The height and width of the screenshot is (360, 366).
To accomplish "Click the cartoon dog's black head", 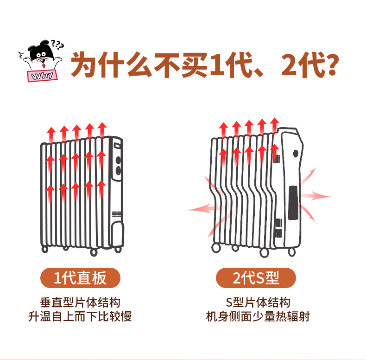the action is (40, 51).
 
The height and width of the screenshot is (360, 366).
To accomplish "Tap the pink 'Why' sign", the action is (43, 76).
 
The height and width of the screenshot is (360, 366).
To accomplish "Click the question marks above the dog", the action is (57, 45).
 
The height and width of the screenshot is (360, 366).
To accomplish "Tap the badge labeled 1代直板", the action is (80, 278).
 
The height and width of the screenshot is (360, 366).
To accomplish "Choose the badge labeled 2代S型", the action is (256, 278).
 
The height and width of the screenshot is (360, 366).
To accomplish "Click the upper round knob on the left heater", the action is (118, 160).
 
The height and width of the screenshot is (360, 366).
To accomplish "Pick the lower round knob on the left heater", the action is (118, 171).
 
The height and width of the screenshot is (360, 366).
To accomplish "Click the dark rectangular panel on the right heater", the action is (293, 203).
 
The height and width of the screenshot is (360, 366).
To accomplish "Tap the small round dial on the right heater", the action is (296, 154).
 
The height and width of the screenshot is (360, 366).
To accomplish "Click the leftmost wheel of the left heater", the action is (45, 249).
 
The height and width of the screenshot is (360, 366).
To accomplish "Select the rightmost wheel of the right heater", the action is (291, 252).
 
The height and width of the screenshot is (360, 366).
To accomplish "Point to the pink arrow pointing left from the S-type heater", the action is (201, 208).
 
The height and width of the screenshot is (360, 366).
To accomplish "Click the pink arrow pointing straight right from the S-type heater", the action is (316, 196).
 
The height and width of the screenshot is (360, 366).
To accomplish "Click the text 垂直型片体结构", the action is (80, 302).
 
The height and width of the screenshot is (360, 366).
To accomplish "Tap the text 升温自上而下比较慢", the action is (80, 316).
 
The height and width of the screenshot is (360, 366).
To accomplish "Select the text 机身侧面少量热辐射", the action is (258, 316).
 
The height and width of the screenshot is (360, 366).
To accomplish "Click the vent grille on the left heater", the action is (116, 214).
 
